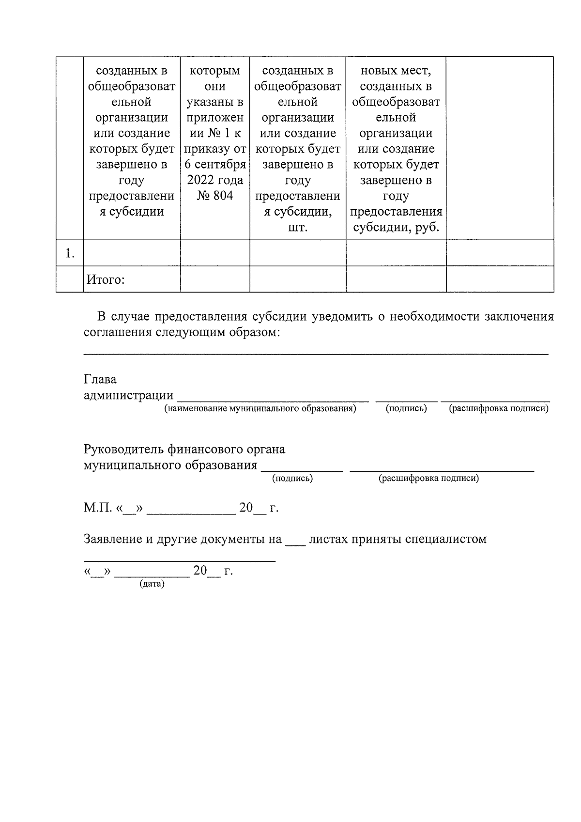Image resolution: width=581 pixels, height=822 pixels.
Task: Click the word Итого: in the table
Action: coord(106,279)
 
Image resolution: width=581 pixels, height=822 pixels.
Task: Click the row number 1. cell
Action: coord(70,253)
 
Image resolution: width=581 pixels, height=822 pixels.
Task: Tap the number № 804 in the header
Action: coord(215,195)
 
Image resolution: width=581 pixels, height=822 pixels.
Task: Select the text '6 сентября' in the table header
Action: coord(215,164)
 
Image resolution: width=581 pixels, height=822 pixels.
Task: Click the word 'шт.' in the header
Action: coord(297,227)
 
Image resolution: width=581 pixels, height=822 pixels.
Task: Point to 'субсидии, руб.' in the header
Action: coord(396,227)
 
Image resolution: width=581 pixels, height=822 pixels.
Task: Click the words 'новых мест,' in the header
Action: coord(396,71)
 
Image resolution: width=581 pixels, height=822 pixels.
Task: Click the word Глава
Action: coord(100,379)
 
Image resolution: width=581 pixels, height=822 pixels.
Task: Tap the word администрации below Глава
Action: coord(128,395)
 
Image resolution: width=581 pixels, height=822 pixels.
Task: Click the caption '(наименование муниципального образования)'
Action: coord(260,408)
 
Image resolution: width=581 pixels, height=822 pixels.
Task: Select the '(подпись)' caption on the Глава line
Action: coord(406,408)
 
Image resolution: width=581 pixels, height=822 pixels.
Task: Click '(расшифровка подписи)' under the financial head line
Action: coord(428,478)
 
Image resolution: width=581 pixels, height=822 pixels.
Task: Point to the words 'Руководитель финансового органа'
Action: coord(184,449)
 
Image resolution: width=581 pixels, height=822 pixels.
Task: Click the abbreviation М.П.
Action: coord(98,508)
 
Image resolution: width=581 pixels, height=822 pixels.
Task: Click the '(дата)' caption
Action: coord(152,584)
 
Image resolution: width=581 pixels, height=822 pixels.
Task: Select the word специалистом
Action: coord(446,539)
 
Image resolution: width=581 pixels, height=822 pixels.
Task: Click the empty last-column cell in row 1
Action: coord(500,253)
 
